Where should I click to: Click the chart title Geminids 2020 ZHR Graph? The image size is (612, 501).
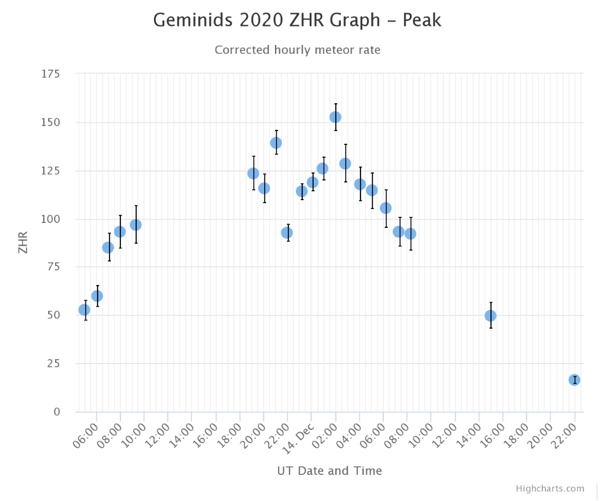[x=297, y=20]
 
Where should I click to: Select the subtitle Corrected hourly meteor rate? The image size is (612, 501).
[x=297, y=49]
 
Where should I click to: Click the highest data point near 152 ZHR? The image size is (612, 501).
[x=335, y=117]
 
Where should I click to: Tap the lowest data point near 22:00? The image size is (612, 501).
[x=574, y=380]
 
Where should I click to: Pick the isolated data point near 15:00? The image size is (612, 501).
[x=490, y=315]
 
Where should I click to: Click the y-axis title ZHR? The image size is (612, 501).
[x=23, y=243]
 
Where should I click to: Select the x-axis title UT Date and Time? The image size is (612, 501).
[x=329, y=471]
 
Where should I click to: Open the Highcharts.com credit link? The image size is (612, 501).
[x=550, y=488]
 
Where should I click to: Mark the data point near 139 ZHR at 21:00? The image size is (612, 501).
[x=276, y=143]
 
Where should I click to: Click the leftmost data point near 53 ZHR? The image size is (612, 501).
[x=84, y=310]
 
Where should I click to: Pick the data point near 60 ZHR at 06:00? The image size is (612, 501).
[x=97, y=296]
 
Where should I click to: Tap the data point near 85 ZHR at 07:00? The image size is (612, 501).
[x=108, y=248]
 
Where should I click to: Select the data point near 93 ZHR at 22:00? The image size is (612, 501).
[x=287, y=233]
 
